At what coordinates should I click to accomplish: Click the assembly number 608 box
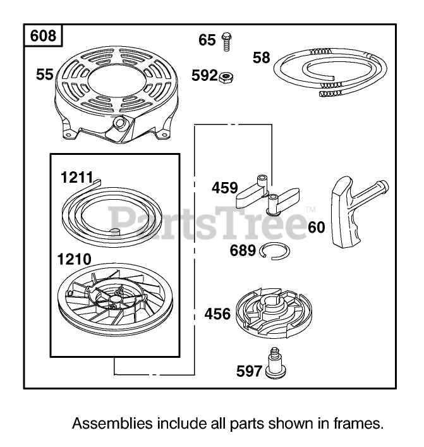pos(43,37)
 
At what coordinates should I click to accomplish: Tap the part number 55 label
pos(44,75)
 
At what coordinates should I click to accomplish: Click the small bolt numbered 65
pos(225,41)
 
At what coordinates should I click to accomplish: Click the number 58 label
pos(261,58)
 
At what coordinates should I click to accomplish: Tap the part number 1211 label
pos(76,180)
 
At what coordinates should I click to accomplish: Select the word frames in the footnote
pos(359,424)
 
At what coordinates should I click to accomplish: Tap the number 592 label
pos(204,77)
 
